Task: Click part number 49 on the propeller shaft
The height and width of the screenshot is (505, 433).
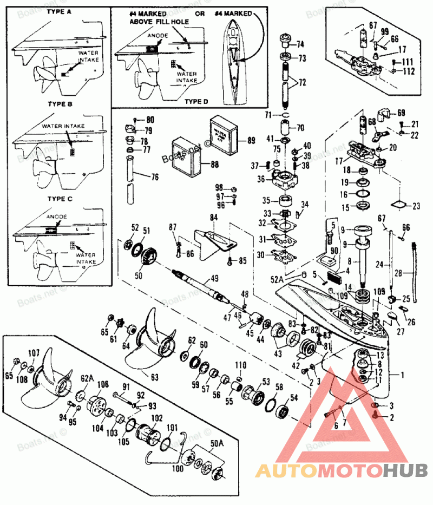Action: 214,278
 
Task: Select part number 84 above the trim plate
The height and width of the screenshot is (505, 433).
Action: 213,218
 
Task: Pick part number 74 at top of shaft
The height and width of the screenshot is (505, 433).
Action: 300,44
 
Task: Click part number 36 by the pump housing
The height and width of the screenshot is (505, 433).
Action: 261,179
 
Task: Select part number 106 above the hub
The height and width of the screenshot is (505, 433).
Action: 103,385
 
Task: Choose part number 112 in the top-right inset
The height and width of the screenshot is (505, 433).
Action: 408,71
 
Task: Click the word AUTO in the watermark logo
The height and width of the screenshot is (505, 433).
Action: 286,470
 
